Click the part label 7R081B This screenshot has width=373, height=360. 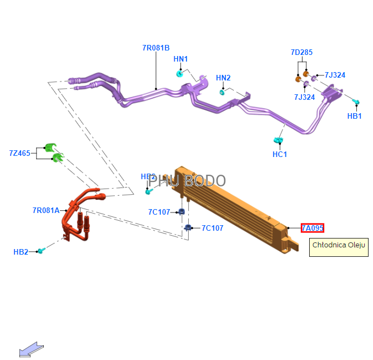point(155,48)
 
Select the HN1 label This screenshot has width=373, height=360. point(180,59)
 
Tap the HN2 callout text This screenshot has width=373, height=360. point(223,78)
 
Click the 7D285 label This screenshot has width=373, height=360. point(301,53)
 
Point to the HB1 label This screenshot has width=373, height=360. point(354,116)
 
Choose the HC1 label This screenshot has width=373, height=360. point(280,154)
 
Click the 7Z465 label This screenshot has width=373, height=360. point(19,153)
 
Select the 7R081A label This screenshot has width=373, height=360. point(46,210)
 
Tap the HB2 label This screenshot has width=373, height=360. point(21,252)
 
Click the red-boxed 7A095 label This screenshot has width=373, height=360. point(312,228)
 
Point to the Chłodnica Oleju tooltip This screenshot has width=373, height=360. point(339,245)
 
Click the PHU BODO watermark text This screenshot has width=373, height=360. point(187,181)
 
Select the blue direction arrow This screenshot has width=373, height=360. point(31,349)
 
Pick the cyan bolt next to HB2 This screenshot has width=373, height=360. point(41,251)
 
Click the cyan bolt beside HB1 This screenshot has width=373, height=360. point(356,102)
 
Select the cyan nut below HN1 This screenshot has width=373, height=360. point(180,73)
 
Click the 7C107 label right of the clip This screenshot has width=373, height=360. point(212,228)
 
